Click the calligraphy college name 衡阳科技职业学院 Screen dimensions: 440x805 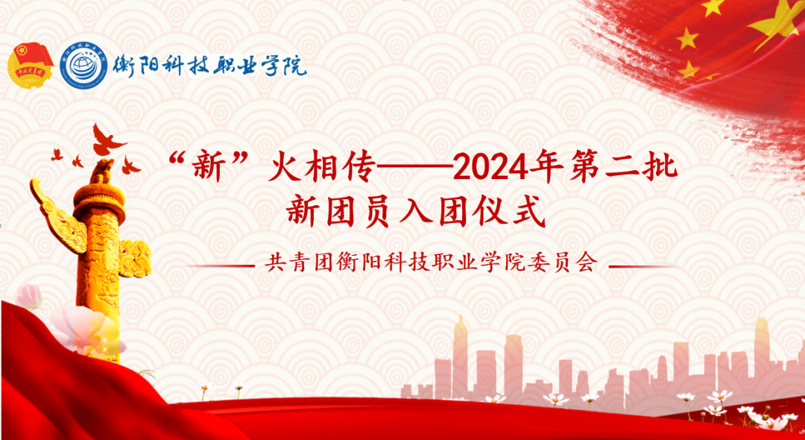click(209, 67)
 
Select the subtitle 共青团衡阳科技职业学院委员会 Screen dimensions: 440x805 click(432, 264)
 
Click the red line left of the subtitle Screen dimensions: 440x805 click(220, 265)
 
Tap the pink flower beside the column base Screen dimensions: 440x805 click(86, 328)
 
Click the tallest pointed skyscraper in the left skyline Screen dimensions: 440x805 click(460, 351)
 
